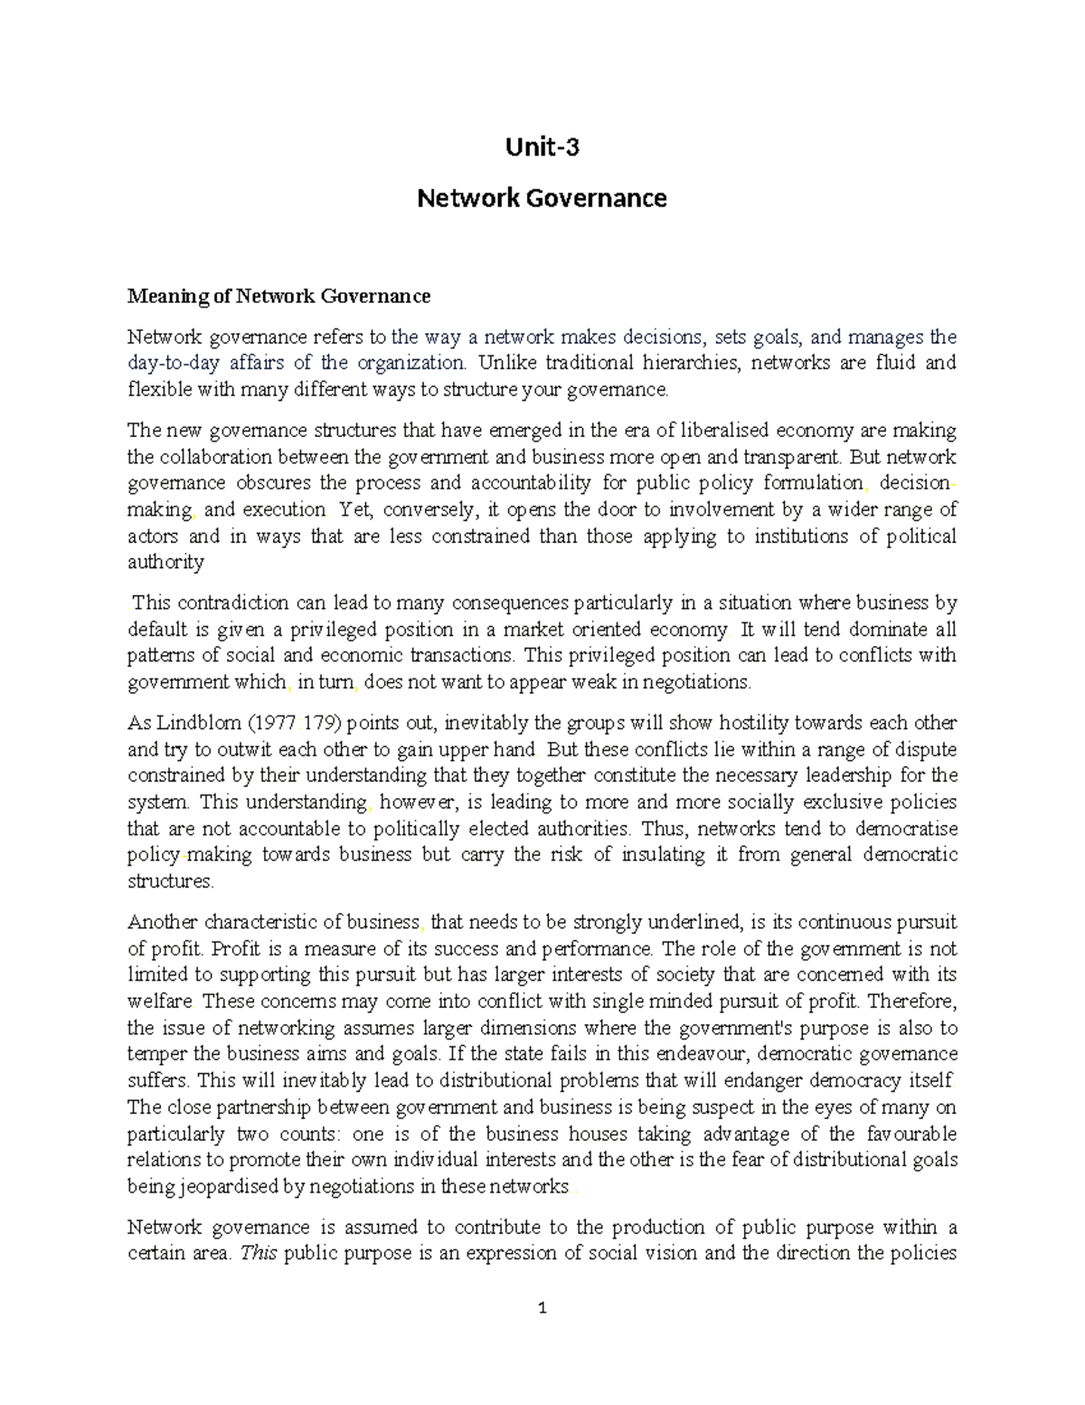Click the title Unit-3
pyautogui.click(x=542, y=147)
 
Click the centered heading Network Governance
pyautogui.click(x=542, y=197)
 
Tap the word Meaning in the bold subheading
pyautogui.click(x=160, y=296)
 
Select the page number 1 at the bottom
pyautogui.click(x=542, y=1307)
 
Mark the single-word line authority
pyautogui.click(x=165, y=563)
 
